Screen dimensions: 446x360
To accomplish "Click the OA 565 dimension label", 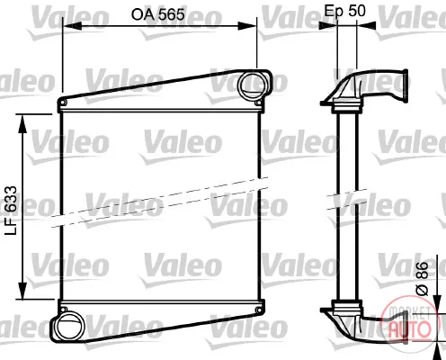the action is click(158, 14).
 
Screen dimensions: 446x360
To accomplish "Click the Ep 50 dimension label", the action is click(345, 11).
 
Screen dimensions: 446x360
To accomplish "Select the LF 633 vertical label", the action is click(12, 211).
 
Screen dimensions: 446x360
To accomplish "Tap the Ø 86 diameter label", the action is click(422, 278).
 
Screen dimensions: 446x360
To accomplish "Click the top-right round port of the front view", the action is click(253, 85).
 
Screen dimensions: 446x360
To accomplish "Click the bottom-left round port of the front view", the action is click(69, 327).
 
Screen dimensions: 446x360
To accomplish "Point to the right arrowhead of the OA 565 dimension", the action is click(247, 26).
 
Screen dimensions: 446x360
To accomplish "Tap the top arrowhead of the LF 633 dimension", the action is click(22, 123).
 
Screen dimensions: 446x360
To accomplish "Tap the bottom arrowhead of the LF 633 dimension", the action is click(22, 290).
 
